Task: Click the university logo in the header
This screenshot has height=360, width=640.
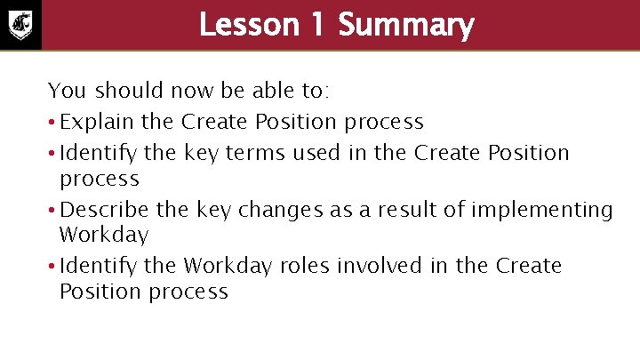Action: (x=20, y=25)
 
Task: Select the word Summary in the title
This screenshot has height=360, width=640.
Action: (x=406, y=25)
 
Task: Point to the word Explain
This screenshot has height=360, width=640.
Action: (x=92, y=121)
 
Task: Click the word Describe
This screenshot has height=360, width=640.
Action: (x=102, y=210)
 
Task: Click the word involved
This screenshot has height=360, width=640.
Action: (x=400, y=266)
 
